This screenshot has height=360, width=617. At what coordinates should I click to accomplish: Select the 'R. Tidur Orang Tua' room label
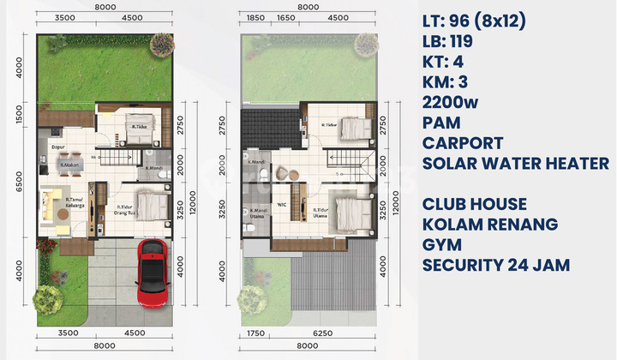127,208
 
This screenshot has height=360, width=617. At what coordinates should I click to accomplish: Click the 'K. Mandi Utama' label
259,214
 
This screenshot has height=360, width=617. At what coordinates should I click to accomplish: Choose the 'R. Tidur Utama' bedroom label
322,210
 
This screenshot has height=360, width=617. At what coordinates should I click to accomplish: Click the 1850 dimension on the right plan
255,17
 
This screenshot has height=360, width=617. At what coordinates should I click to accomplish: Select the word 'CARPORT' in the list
463,143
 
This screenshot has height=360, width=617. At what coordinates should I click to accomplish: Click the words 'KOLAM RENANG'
490,225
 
